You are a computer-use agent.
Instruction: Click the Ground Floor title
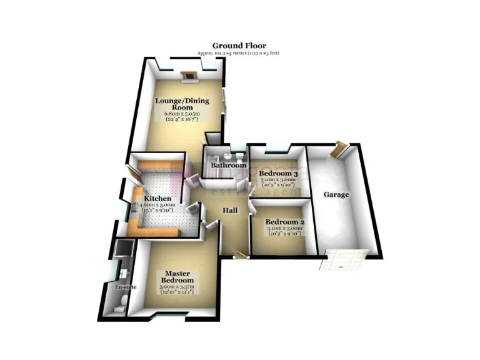tap(239, 46)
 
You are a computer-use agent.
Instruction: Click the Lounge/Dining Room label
tap(181, 103)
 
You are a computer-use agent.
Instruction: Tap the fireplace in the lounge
tap(189, 77)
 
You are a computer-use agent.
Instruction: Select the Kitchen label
tap(156, 199)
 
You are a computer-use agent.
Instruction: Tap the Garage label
tap(336, 194)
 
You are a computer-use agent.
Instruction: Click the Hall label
tap(230, 211)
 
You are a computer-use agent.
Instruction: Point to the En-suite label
tap(125, 287)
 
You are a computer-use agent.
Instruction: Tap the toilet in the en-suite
tap(123, 304)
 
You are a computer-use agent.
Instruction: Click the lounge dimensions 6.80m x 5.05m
tap(181, 116)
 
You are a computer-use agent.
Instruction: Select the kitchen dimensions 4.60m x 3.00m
tap(156, 208)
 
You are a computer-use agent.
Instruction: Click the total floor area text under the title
tap(238, 54)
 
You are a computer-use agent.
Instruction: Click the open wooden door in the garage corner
tap(340, 149)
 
